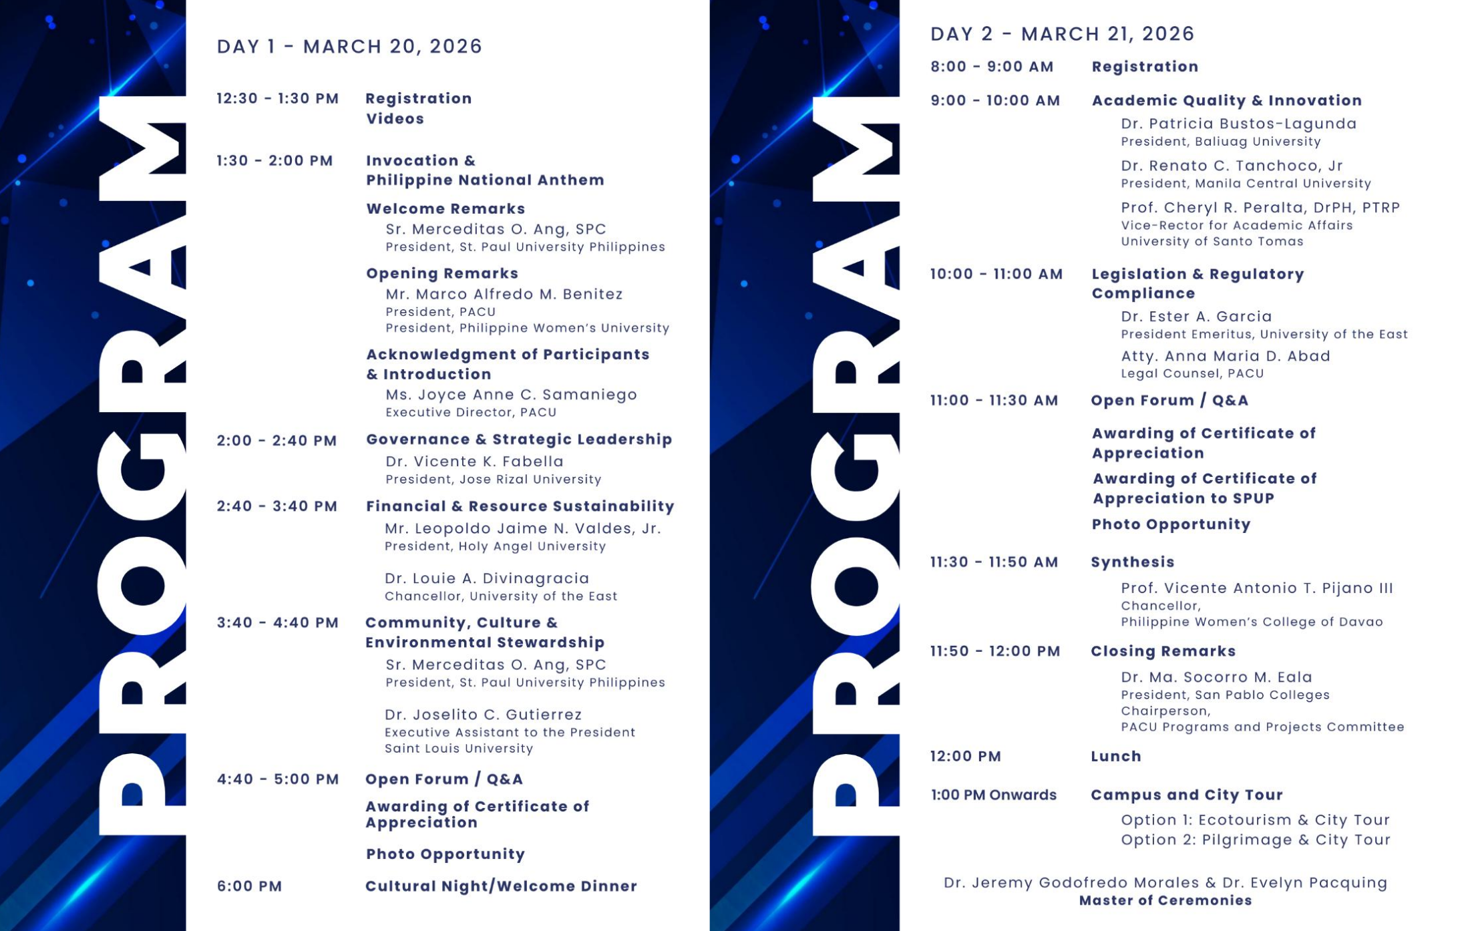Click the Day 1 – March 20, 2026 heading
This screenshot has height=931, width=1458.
[x=349, y=46]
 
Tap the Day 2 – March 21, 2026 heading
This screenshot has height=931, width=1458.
[x=1062, y=33]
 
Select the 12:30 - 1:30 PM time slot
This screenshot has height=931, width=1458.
[x=277, y=99]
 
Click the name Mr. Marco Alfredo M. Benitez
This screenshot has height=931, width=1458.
[x=504, y=294]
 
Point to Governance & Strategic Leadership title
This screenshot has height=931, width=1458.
[x=518, y=439]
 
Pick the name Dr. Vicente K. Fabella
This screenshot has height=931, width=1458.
[x=474, y=461]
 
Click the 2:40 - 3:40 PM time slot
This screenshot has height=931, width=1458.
[x=277, y=506]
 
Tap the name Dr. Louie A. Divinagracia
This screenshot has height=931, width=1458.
[x=487, y=578]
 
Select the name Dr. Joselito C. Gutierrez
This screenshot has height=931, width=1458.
[x=483, y=715]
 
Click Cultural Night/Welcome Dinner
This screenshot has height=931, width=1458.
[x=501, y=886]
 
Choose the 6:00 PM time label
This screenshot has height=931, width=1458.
[x=249, y=886]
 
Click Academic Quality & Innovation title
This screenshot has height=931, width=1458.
[x=1226, y=100]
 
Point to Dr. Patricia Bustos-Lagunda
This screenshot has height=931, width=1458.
[x=1238, y=124]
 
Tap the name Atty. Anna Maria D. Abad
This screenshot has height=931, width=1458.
[x=1225, y=356]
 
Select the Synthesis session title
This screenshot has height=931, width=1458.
[x=1132, y=562]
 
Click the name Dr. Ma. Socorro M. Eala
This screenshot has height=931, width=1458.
[x=1216, y=677]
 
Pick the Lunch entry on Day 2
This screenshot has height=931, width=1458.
[x=1115, y=757]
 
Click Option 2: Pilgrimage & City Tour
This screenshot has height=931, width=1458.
[x=1255, y=840]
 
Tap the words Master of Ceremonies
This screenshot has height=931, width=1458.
[x=1165, y=901]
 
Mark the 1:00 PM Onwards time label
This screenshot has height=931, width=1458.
[x=993, y=795]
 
